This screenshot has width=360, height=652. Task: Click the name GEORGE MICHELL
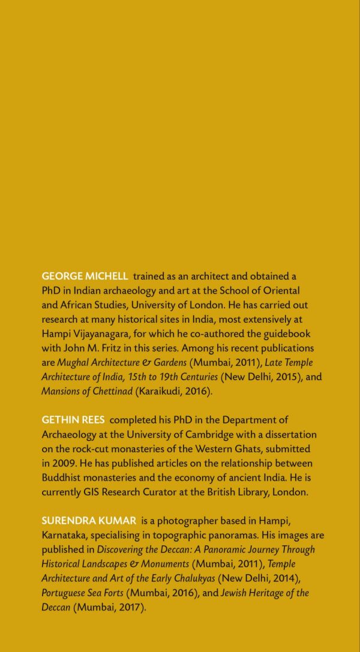click(85, 277)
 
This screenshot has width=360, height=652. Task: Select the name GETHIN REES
click(73, 420)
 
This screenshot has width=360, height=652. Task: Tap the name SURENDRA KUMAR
click(89, 520)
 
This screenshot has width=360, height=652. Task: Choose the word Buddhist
click(61, 477)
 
